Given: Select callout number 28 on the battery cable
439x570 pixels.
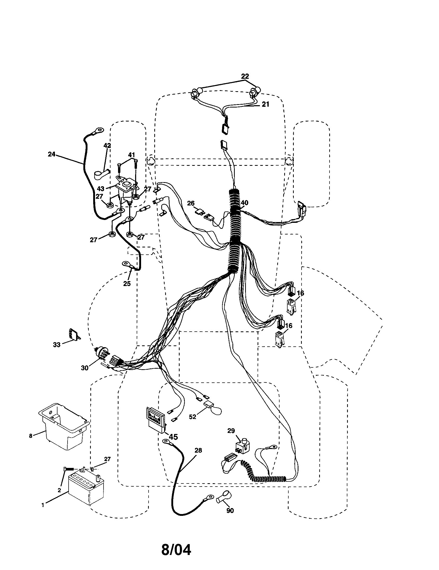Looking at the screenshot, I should pos(198,451).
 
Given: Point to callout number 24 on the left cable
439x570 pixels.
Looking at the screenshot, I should pos(52,154).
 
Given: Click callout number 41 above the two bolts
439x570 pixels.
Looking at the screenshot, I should pos(131,155).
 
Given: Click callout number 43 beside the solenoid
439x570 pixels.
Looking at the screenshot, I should pos(101,188).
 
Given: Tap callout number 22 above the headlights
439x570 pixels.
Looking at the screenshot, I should pos(245,76).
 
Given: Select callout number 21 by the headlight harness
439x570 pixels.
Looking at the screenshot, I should pos(265,104).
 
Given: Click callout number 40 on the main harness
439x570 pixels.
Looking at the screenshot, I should pos(245,203).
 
